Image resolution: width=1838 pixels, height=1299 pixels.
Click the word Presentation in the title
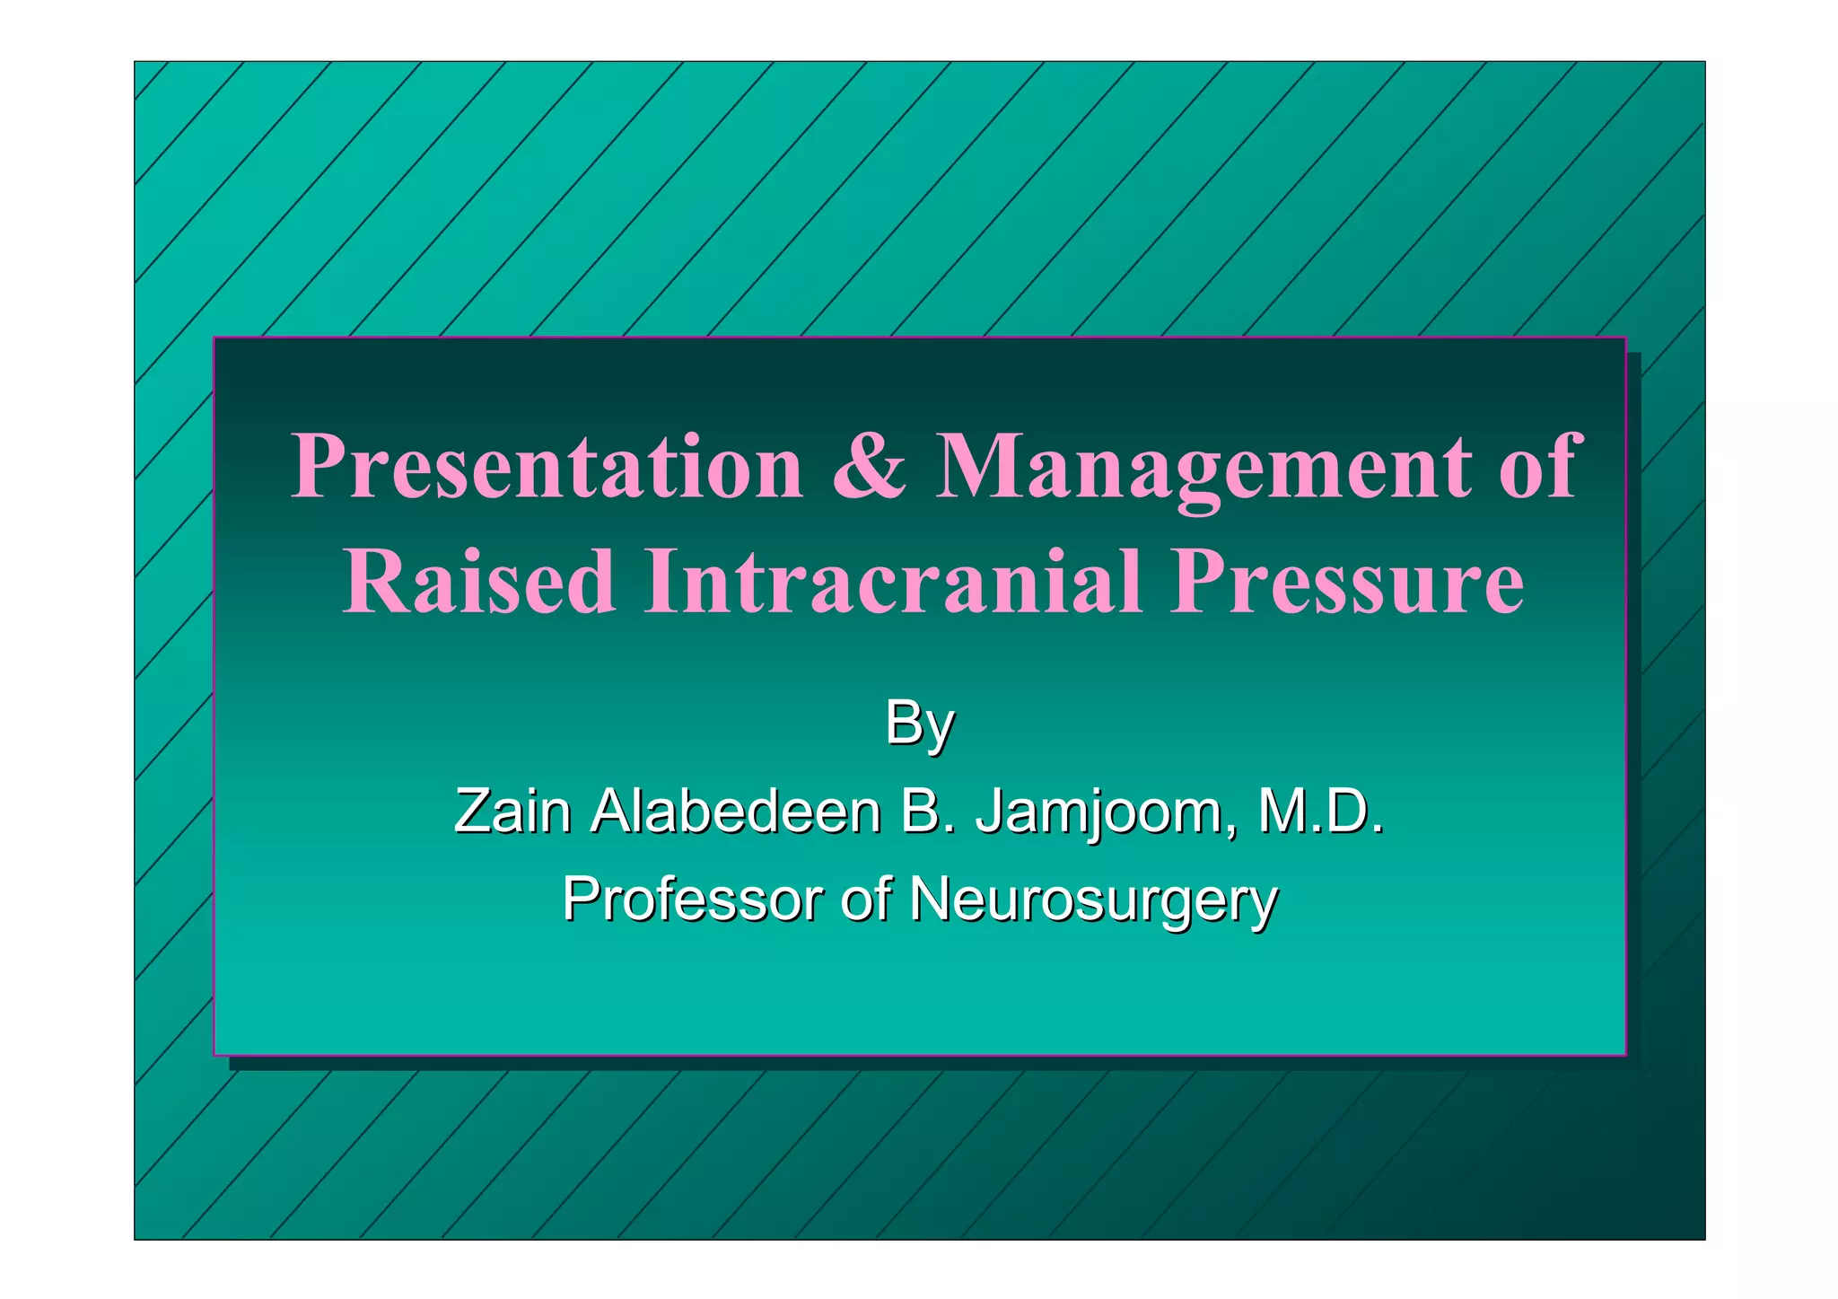(547, 467)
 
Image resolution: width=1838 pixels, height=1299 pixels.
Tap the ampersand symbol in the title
(869, 467)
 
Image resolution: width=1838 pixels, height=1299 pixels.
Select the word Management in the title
(1203, 467)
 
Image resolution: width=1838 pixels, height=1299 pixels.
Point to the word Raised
(479, 582)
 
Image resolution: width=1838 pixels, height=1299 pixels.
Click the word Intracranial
(893, 582)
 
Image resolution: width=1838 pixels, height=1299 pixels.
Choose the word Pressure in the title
(1346, 582)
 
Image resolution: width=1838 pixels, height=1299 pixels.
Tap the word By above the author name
(919, 724)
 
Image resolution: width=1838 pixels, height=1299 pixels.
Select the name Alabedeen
(736, 812)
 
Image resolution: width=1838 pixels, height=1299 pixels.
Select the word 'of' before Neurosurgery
(865, 899)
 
